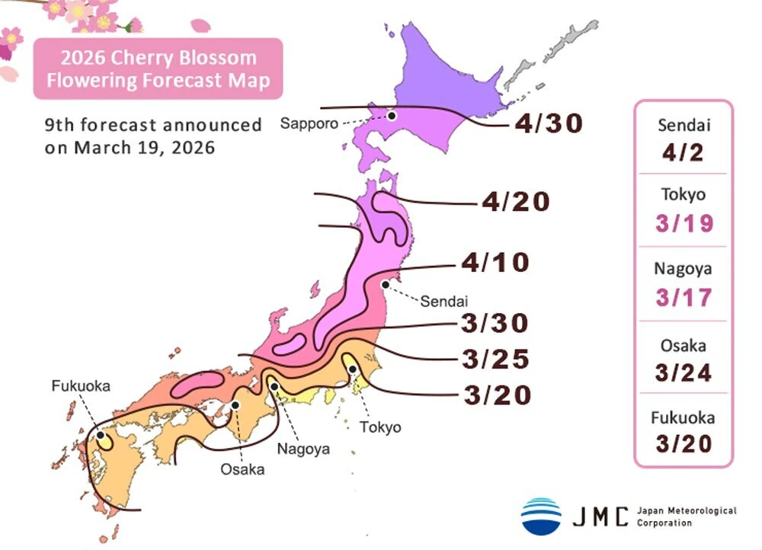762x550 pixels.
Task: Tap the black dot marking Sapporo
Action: point(392,116)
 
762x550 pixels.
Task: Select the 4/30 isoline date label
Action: point(549,123)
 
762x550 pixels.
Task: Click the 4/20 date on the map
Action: point(515,202)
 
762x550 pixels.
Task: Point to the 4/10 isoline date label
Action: point(495,263)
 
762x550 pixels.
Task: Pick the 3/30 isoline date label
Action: point(495,323)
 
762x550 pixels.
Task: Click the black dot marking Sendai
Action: point(386,284)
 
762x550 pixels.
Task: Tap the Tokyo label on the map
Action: point(379,427)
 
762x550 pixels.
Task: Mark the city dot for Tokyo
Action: point(353,369)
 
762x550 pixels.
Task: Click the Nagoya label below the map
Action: point(303,449)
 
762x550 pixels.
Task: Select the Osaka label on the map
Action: point(242,469)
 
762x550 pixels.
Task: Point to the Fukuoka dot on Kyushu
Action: point(100,436)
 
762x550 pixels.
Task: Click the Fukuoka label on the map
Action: point(81,386)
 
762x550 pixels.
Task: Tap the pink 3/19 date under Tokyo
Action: point(684,223)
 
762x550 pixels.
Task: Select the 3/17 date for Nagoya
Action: point(684,297)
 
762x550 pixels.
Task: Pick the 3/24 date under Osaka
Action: point(684,373)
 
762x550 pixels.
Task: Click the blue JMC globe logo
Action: point(541,516)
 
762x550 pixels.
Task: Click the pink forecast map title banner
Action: point(158,69)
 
